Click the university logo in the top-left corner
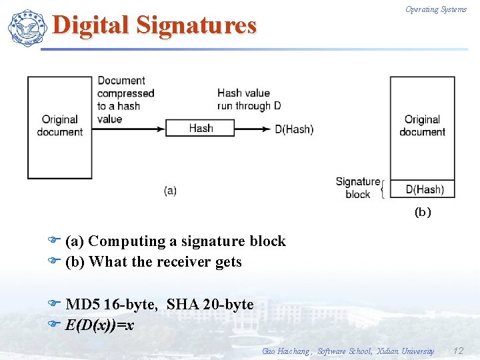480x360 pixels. (x=26, y=27)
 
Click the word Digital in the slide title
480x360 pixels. (x=91, y=25)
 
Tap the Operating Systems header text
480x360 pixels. (x=436, y=9)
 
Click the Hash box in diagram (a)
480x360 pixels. (x=200, y=128)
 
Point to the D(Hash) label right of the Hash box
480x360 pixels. (x=294, y=129)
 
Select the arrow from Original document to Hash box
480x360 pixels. (x=128, y=128)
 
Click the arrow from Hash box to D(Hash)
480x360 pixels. (x=253, y=128)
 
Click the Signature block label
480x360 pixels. (x=357, y=188)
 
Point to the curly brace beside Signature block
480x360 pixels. (x=383, y=189)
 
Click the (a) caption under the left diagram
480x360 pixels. (x=170, y=191)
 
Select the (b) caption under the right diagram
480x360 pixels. (x=423, y=213)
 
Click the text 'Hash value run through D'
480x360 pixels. (x=248, y=99)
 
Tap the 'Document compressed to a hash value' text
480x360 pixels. (x=125, y=99)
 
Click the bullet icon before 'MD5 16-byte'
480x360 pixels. (x=55, y=304)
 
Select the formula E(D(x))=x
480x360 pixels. (x=99, y=325)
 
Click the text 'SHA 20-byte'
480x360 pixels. (x=210, y=305)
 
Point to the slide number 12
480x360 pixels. (x=457, y=351)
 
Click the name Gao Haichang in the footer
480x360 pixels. (x=286, y=351)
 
